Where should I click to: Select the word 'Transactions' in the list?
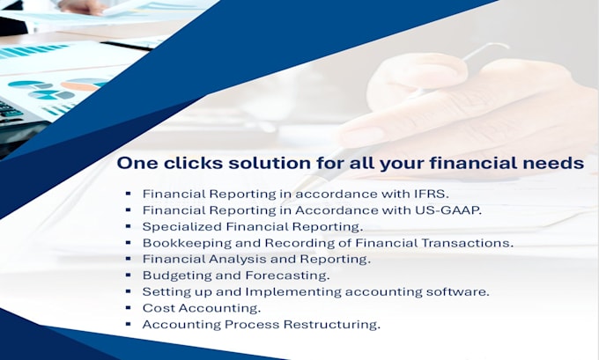tap(470, 242)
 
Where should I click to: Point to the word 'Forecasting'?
tap(287, 276)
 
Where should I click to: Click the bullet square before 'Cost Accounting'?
tap(129, 308)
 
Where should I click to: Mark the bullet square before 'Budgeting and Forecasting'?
tap(129, 275)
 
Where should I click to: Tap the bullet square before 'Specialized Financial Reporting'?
tap(129, 225)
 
